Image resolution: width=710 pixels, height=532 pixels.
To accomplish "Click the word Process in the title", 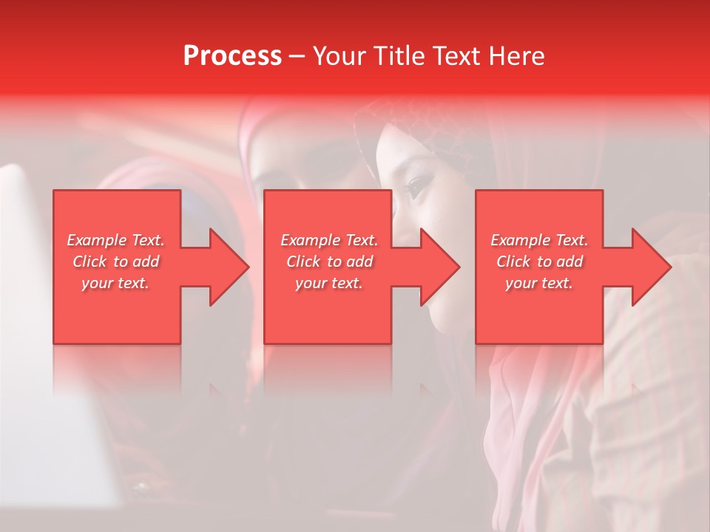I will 232,56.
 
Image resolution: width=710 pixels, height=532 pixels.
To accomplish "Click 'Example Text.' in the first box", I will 115,240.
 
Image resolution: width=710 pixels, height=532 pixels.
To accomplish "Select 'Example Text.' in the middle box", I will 329,240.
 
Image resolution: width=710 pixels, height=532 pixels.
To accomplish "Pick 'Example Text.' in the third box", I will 539,240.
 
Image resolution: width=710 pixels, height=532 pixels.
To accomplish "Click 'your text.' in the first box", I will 115,283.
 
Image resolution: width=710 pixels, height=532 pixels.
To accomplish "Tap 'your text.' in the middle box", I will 329,283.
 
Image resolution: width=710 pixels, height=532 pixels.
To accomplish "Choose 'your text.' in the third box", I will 539,283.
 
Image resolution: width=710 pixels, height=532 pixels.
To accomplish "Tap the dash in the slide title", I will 297,57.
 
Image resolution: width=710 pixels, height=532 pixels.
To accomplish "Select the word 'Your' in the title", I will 337,56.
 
